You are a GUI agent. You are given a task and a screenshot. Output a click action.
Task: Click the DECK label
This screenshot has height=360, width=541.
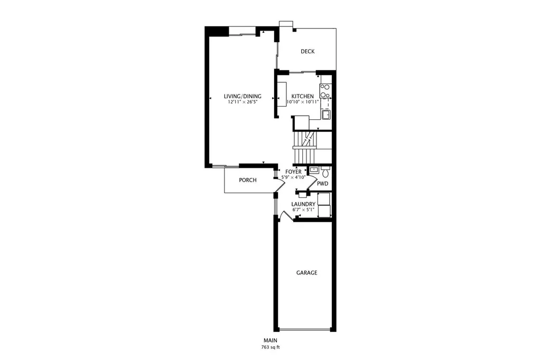coord(307,51)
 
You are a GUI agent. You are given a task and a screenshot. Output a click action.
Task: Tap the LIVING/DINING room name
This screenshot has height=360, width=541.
coord(242,96)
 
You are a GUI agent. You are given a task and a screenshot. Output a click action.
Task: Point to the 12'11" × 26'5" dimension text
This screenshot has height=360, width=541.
coord(242,102)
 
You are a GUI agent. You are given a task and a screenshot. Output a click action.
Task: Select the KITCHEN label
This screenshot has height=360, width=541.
coord(303,96)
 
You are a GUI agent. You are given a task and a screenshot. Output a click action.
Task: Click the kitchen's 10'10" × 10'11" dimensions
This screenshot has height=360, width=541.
coord(303,102)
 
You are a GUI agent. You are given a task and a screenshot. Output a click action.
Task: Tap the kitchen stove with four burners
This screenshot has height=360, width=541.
coord(325,91)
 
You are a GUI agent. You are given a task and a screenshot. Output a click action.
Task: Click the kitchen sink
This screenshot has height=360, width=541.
coord(326,114)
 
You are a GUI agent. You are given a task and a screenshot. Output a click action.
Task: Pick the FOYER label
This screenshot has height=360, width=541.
coord(293,172)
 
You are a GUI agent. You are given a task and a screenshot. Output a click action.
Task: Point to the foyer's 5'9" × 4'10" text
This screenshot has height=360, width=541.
coord(293,177)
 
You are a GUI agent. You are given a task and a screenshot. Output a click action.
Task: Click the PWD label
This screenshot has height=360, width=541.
coord(323,184)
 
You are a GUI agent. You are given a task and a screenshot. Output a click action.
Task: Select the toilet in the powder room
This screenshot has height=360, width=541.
coord(325,172)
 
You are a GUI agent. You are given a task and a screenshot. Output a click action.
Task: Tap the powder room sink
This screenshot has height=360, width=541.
coord(314,169)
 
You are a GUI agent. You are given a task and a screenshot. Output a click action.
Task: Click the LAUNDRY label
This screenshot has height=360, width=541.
coord(303,204)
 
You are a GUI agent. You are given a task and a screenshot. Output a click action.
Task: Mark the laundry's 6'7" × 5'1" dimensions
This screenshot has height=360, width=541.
coord(303,210)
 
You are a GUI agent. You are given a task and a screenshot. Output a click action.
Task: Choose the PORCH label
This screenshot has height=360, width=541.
coord(248,180)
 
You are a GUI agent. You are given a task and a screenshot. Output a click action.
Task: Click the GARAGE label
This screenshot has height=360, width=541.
coord(307,273)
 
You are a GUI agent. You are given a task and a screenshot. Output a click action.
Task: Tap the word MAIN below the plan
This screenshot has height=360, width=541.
coord(270,340)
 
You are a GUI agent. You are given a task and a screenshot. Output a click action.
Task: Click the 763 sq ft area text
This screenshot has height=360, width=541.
coord(270,347)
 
